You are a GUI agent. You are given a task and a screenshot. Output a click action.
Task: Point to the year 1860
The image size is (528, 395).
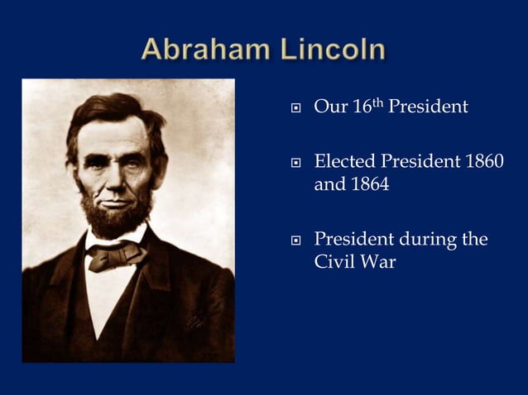point(483,162)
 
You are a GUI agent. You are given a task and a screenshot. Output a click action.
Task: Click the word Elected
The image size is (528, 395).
point(344,162)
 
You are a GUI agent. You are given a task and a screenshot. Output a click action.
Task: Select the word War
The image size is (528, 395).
point(379,264)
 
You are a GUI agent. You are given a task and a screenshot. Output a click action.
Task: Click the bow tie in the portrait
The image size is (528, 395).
point(116,255)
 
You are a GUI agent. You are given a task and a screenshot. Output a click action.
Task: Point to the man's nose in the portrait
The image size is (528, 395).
point(116,176)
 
